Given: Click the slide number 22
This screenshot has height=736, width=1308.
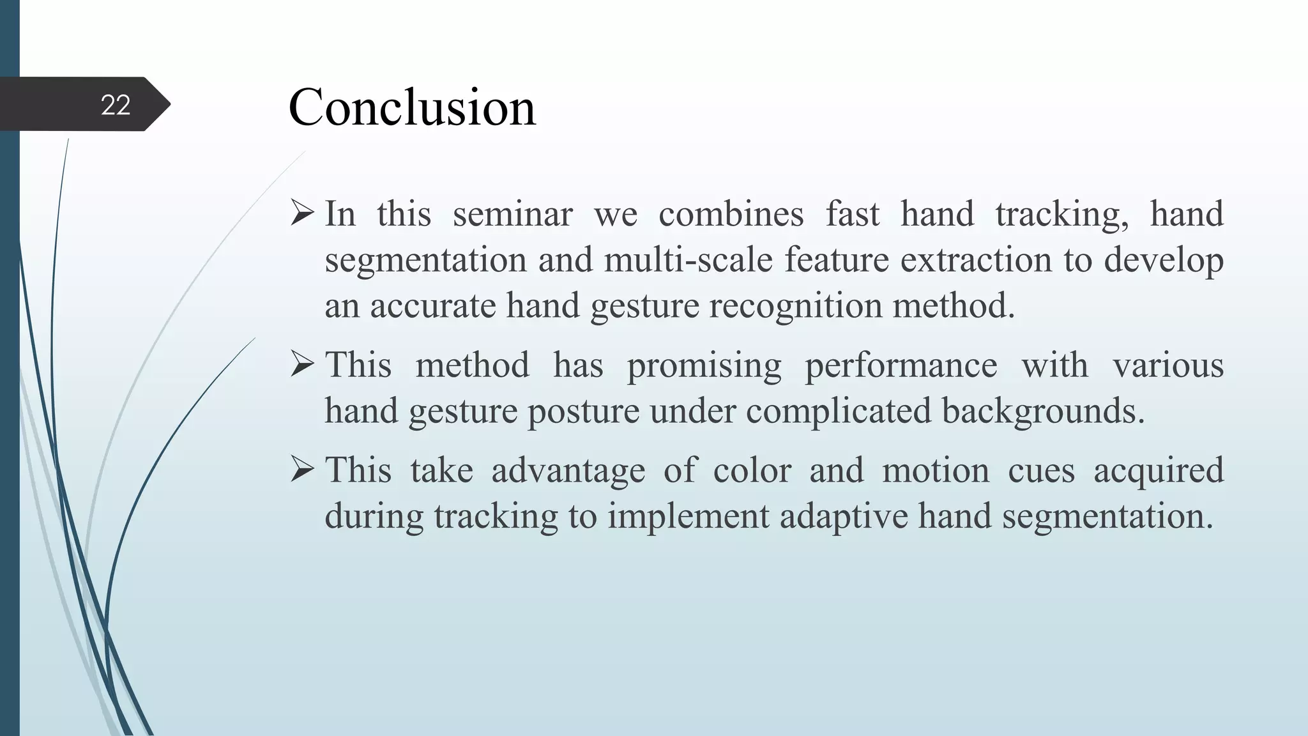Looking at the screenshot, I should coord(116,105).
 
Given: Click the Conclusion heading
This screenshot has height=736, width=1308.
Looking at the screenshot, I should coord(412,107).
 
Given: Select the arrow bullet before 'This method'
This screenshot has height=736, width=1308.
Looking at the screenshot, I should coord(302,364).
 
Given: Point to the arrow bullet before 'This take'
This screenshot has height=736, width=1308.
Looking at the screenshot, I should coord(302,470).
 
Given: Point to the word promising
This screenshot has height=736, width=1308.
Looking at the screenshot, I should coord(704,365).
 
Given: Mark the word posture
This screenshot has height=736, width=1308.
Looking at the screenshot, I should coord(583,411).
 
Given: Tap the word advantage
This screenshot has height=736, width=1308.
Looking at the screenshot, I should coord(568,471).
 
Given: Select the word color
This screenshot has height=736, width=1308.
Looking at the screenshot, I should coord(752,470).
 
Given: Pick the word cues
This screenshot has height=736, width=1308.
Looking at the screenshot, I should coord(1041,470).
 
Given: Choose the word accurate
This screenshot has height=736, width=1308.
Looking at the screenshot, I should coord(432,305).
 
